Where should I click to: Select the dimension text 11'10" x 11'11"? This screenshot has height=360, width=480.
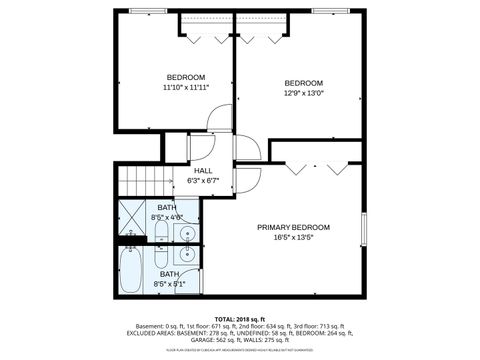186,88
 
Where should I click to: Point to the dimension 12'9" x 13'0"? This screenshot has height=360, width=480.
303,93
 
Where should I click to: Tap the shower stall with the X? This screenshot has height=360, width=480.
133,215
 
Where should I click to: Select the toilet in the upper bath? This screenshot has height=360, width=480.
160,236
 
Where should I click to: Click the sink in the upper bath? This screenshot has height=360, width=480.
186,234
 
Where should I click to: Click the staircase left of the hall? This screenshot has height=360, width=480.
141,180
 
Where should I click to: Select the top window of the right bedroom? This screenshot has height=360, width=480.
327,11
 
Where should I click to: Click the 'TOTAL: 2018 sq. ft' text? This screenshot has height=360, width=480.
240,317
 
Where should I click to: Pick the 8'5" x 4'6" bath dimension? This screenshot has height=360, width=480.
167,216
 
